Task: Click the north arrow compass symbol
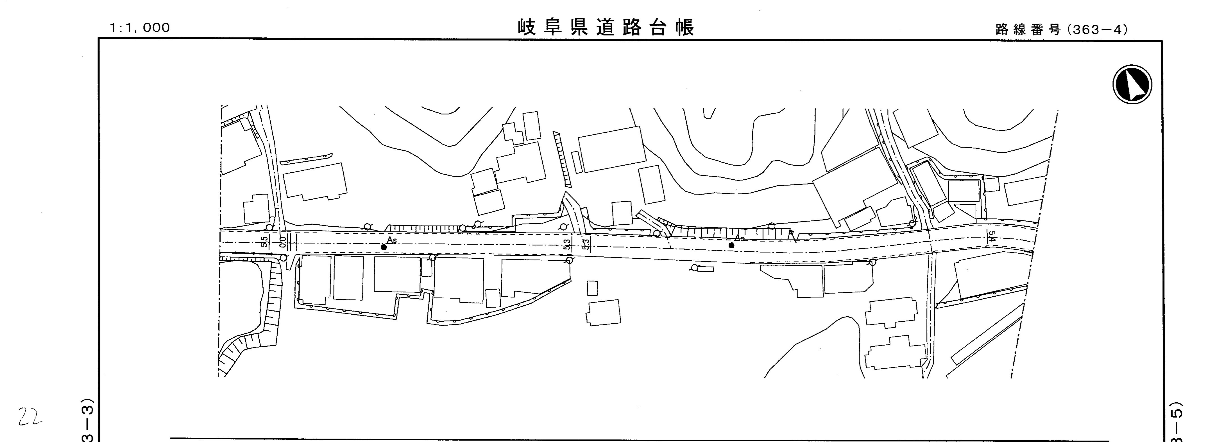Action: point(1132,84)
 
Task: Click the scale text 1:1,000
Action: point(140,28)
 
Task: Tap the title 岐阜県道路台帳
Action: point(606,28)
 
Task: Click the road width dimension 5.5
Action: point(264,241)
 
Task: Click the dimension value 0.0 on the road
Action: point(282,242)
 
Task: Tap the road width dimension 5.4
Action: point(991,236)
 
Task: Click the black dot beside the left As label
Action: point(384,247)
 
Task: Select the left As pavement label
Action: point(392,240)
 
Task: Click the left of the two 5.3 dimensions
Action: point(567,244)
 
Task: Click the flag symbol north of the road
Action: point(792,234)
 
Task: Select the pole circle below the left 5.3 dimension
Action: point(569,260)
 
